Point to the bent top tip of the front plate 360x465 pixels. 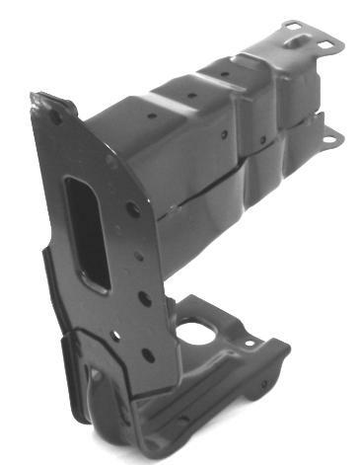(40, 98)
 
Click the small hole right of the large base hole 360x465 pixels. (250, 343)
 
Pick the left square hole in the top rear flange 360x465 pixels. (293, 41)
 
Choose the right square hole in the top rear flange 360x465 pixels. (325, 45)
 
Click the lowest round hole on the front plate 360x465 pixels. (148, 354)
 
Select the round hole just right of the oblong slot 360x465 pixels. (131, 208)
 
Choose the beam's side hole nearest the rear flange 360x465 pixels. (261, 139)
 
